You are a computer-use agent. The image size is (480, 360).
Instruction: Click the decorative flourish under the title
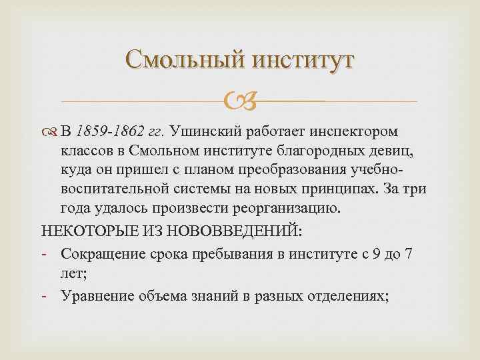click(240, 102)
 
